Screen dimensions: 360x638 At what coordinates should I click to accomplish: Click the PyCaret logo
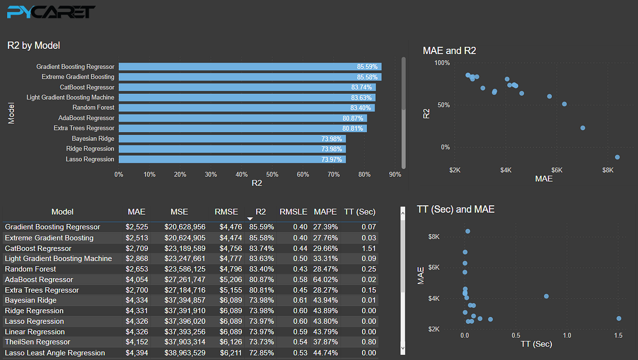pyautogui.click(x=52, y=12)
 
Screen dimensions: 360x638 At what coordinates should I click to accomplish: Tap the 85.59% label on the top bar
pyautogui.click(x=367, y=67)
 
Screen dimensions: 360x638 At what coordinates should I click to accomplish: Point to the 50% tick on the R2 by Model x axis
pyautogui.click(x=272, y=174)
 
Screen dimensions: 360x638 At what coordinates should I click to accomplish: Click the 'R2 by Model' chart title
pyautogui.click(x=33, y=46)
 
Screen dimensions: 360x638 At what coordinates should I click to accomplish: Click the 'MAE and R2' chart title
pyautogui.click(x=449, y=51)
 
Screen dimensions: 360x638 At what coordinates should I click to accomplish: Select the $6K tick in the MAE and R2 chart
pyautogui.click(x=557, y=170)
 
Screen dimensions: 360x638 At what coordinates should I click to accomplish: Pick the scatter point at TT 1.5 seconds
pyautogui.click(x=619, y=319)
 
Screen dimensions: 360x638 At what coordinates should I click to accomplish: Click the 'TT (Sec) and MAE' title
pyautogui.click(x=456, y=210)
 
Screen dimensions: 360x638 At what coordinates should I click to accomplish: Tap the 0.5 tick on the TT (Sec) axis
pyautogui.click(x=516, y=336)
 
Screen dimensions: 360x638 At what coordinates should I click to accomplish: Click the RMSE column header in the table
pyautogui.click(x=226, y=212)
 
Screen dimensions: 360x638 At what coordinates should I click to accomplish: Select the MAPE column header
pyautogui.click(x=325, y=212)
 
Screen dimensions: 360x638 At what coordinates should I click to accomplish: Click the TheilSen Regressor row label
pyautogui.click(x=37, y=342)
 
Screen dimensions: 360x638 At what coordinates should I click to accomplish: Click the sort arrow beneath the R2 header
pyautogui.click(x=250, y=219)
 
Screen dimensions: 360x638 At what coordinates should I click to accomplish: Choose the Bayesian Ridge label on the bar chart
pyautogui.click(x=93, y=139)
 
